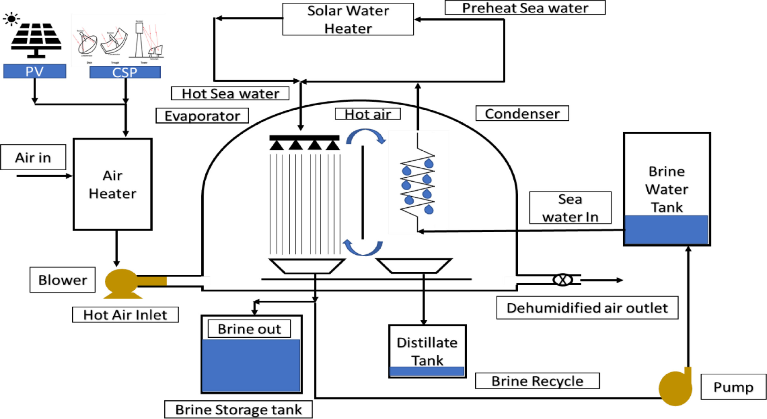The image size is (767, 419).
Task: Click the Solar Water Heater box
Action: [348, 20]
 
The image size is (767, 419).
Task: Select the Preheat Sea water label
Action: [525, 8]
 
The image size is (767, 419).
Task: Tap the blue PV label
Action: [34, 71]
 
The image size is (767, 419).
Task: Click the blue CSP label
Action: [125, 72]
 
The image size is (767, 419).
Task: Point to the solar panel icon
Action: [36, 40]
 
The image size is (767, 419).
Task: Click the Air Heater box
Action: [112, 185]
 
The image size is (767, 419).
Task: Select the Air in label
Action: [33, 157]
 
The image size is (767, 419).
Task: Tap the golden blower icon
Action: [122, 282]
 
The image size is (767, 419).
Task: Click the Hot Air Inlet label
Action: [125, 315]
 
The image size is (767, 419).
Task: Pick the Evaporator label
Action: [202, 116]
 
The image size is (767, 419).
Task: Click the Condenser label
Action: [522, 113]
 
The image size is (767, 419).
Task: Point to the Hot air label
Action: [368, 114]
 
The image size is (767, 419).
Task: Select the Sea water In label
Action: [570, 208]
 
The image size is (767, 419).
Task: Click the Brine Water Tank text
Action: [666, 189]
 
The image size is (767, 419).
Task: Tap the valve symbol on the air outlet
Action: [562, 280]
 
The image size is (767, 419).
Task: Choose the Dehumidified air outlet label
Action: [587, 308]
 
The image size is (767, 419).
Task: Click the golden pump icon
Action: [675, 388]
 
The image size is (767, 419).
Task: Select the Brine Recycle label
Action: [537, 381]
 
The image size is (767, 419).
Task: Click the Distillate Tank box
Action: [427, 351]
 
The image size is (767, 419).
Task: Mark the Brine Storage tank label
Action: [238, 409]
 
